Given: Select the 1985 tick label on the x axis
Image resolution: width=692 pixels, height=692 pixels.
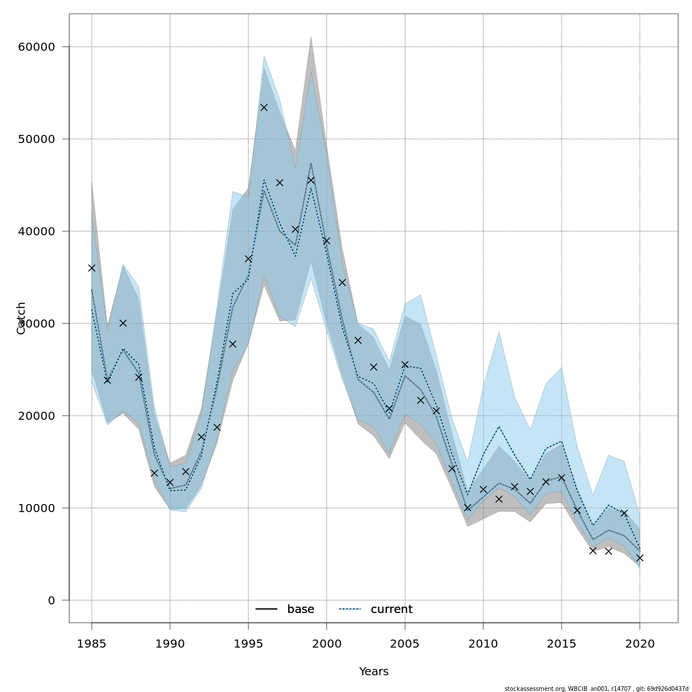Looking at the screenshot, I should [92, 643].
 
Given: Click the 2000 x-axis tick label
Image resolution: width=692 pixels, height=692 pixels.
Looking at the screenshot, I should [326, 643].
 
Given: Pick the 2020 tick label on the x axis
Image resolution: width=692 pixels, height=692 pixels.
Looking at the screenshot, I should [640, 643].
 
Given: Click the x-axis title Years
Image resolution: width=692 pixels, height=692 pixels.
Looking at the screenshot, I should [374, 672].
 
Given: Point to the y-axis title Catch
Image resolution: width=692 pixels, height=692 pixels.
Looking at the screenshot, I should [21, 318].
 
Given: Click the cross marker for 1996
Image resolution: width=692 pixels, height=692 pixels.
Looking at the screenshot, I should [264, 107].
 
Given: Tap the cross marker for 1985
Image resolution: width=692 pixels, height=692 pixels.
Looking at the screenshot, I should [92, 268].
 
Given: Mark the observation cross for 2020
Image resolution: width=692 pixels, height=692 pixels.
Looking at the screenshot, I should [640, 558].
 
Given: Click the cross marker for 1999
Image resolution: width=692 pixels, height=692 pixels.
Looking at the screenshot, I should [311, 180].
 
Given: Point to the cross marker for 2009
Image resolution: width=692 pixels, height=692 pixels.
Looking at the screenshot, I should [468, 507].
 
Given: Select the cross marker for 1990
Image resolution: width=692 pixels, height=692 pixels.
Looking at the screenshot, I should [170, 482].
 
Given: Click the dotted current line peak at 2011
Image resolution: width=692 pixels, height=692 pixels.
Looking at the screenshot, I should [499, 426].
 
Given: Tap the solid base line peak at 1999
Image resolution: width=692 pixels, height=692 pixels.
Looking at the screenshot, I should [311, 163].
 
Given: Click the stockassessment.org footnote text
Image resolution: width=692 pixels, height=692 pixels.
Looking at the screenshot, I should [596, 689].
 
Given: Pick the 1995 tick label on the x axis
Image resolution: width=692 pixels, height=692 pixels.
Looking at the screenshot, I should [249, 643].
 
